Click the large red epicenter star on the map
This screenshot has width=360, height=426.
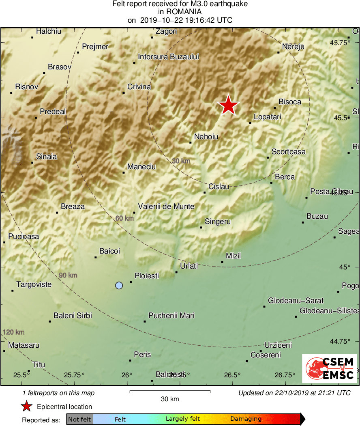coord(228,105)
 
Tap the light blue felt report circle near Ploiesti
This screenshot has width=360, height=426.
coord(119,286)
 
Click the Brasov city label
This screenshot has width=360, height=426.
coord(60,67)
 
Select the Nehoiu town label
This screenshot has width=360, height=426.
coord(206,137)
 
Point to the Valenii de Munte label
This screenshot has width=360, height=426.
coord(166,207)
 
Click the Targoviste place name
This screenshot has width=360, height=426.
coord(34,284)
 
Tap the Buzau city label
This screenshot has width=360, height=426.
coord(317,217)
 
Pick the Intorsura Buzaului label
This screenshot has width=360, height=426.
coord(169,57)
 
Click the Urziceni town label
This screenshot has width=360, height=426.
coord(278,345)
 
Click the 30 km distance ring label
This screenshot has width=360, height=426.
coord(181,161)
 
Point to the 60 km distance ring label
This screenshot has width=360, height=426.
coord(124,218)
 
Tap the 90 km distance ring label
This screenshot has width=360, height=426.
coord(68,275)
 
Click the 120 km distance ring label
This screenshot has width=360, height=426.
coord(14,332)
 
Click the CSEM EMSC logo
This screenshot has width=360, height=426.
coord(329,368)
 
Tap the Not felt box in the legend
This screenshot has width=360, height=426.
coord(79,419)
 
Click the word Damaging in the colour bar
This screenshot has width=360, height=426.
coord(246,419)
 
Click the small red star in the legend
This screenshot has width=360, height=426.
coord(26,407)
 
